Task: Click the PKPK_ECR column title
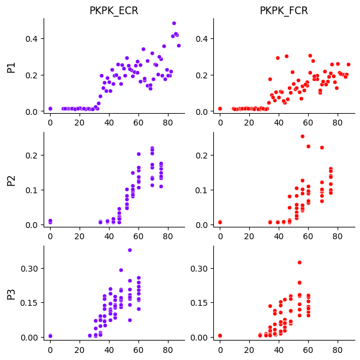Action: pos(114,11)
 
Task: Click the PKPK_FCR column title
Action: pos(284,11)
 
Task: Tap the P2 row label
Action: pos(11,179)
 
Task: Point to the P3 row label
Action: pos(11,293)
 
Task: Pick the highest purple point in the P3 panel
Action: pos(130,250)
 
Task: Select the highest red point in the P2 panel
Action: pos(302,136)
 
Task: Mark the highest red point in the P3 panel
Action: pos(299,262)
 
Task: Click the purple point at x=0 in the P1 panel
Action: pos(50,108)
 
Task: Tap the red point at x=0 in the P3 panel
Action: pos(220,336)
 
